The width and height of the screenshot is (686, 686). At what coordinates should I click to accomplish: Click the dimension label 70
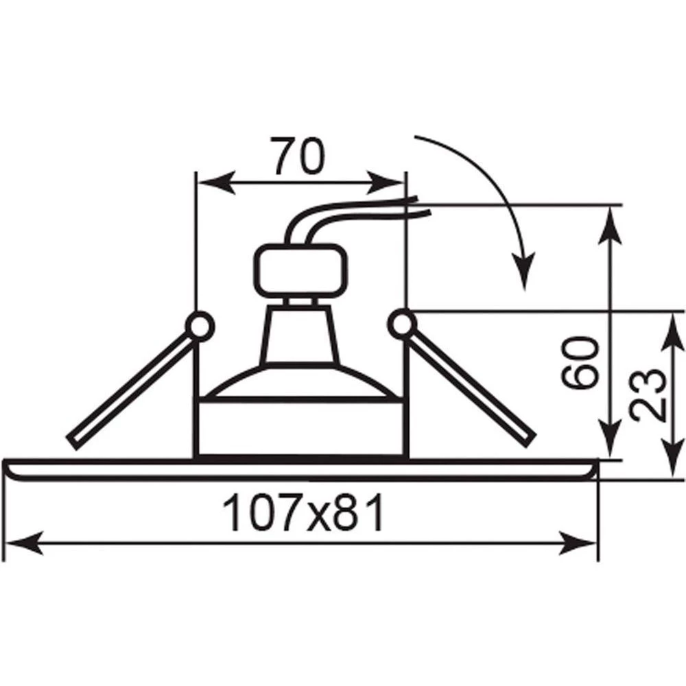[298, 156]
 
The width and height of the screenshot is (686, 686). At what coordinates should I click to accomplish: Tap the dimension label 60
[580, 363]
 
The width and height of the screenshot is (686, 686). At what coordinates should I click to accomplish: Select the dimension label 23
[648, 396]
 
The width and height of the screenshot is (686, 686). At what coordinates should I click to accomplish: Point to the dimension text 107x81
[303, 512]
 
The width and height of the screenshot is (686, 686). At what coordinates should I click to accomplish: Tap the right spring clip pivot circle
[402, 324]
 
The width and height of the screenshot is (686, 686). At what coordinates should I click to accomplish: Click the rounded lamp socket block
[301, 271]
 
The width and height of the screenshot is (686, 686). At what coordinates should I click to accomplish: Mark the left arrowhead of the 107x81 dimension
[24, 544]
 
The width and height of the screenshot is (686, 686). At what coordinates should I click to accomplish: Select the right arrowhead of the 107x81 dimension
[578, 543]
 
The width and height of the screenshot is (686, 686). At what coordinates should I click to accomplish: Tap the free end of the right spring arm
[530, 441]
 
